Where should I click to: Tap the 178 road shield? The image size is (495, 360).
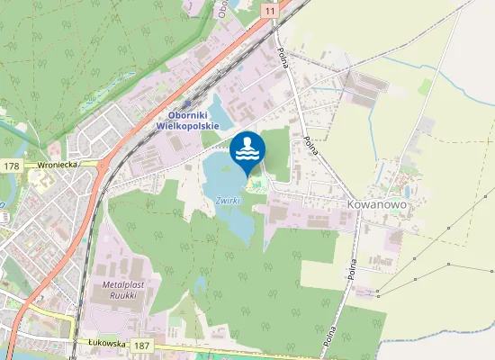pos(11,166)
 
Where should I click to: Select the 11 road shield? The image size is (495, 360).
pos(270,9)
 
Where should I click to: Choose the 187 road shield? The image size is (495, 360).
pos(140,346)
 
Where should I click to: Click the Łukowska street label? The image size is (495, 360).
pos(105,343)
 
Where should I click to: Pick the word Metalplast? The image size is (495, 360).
pos(113,283)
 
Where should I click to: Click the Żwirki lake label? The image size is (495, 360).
pos(227,200)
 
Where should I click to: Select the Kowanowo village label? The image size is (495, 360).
pos(377,205)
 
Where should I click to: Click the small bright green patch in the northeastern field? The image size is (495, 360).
pos(424,85)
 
